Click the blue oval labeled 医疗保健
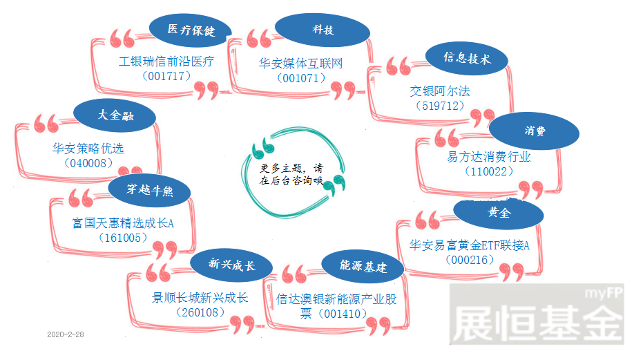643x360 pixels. coord(191,30)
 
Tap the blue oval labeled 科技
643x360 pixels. coord(323,30)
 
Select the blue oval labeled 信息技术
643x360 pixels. coord(467,58)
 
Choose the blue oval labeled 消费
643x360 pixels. coord(534,131)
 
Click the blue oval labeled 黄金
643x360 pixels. coord(499,213)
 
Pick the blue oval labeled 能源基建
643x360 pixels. coord(363,267)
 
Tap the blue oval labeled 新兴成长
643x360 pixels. coord(231,265)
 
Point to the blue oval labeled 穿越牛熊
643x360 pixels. coord(149,191)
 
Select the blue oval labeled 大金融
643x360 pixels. coord(115,115)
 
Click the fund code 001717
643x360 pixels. coord(166,76)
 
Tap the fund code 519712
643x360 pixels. coord(440,106)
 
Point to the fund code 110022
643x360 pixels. coord(489,171)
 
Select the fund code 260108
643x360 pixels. coord(200,312)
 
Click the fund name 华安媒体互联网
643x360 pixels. coord(300,63)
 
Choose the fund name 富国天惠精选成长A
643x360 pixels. coord(123,223)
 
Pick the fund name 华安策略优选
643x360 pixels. coord(88,148)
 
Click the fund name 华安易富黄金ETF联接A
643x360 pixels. coord(470,245)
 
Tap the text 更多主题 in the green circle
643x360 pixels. coord(281,169)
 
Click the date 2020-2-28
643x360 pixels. coord(66,334)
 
